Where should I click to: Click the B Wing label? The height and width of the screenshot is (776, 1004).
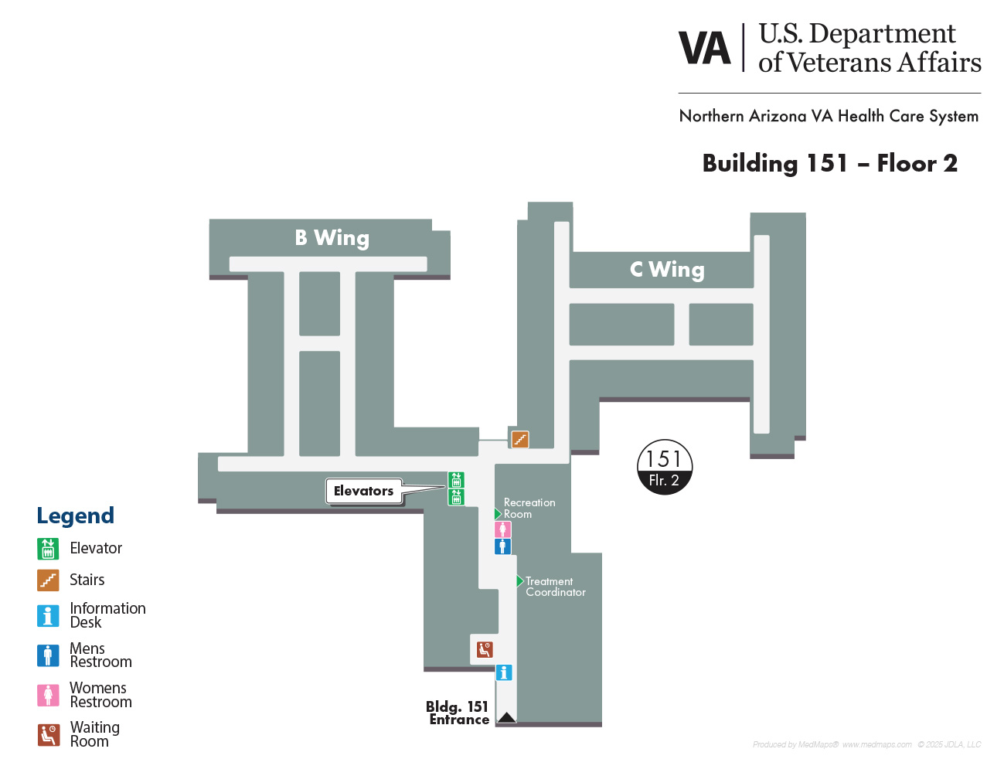(332, 238)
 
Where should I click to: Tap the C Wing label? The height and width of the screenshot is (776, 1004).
(667, 269)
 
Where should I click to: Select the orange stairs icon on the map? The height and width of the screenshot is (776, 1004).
(520, 439)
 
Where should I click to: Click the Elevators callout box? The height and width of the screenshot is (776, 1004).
(363, 491)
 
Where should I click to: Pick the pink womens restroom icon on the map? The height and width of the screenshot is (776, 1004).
(502, 529)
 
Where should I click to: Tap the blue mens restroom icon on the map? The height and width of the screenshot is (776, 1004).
(502, 546)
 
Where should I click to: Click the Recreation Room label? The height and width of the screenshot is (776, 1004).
(529, 508)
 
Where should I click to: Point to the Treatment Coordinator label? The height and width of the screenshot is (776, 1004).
(556, 587)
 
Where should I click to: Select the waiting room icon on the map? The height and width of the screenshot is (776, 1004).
(485, 649)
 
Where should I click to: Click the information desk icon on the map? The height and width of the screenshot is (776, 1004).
(504, 672)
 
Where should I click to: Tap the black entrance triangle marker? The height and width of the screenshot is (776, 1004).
(506, 717)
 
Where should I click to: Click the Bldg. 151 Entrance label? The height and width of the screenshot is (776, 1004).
(458, 713)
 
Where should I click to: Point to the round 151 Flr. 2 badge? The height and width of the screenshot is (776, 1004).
(665, 467)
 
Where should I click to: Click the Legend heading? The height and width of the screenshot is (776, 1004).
(75, 516)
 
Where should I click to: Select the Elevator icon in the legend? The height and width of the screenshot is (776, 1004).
(48, 549)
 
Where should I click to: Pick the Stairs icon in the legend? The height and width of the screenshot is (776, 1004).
(48, 580)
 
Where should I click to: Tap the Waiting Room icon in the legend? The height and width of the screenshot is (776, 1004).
(48, 735)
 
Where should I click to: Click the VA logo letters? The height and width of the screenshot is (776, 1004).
(705, 48)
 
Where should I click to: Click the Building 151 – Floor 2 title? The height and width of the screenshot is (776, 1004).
(830, 163)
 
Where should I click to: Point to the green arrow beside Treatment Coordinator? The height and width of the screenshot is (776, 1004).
(520, 580)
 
